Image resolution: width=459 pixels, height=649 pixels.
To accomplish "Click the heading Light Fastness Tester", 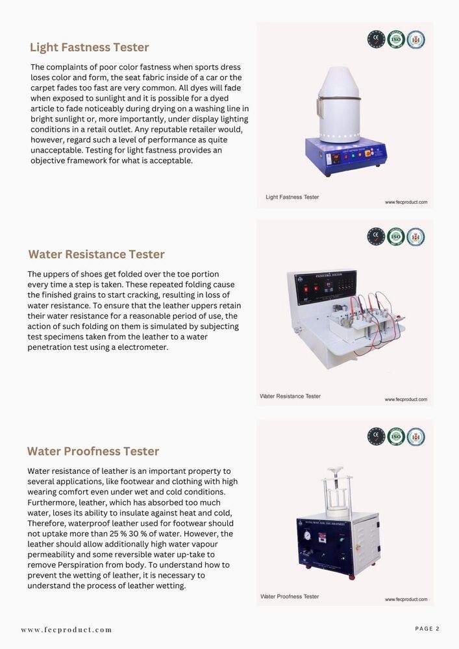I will click(x=89, y=47).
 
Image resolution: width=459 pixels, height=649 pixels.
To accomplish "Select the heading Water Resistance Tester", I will click(x=96, y=254).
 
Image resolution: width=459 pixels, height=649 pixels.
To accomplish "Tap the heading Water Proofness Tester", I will click(x=93, y=451).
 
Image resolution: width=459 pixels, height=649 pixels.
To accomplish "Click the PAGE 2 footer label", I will click(x=427, y=628).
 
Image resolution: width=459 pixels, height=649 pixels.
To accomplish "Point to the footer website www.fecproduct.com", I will click(x=66, y=630).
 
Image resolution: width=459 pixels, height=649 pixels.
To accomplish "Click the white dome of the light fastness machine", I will click(x=340, y=104).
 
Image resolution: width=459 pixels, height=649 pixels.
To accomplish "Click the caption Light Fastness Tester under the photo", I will click(x=292, y=197).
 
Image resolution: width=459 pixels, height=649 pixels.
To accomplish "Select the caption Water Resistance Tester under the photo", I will click(x=290, y=396).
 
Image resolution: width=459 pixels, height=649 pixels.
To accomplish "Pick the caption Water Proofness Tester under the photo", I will click(x=290, y=596).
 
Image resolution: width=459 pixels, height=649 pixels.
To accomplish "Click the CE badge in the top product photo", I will click(x=376, y=39).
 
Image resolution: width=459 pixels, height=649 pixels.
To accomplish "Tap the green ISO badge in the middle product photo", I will click(x=396, y=236).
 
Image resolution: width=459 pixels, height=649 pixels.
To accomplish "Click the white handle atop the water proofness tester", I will click(x=335, y=469).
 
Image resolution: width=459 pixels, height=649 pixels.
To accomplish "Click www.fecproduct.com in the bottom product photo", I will click(x=406, y=599).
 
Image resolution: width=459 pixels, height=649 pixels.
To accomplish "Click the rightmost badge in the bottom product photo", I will click(x=416, y=436).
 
